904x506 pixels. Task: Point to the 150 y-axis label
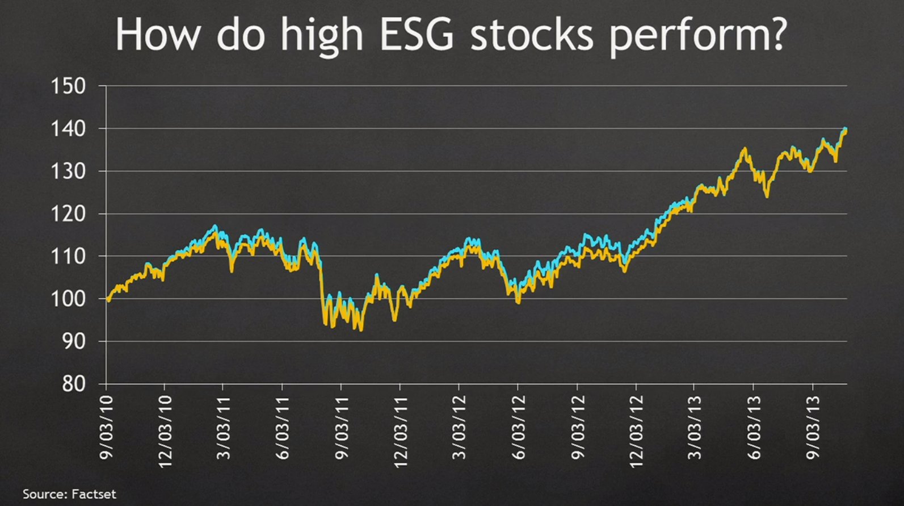68,86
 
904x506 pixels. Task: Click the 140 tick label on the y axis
68,129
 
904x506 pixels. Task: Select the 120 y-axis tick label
68,214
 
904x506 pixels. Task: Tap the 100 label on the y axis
68,299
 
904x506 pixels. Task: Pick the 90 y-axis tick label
74,342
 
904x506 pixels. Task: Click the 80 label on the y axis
74,384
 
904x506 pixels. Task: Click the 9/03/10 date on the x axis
107,427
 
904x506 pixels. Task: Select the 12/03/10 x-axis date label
165,431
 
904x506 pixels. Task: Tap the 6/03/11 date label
283,427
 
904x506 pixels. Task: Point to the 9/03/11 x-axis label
342,427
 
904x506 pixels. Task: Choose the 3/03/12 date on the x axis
459,427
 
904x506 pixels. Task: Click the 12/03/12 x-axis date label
636,431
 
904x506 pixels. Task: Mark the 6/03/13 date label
754,427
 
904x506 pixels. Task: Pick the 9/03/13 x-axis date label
813,427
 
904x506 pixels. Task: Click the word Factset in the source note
94,494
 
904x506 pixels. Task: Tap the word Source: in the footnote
45,494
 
